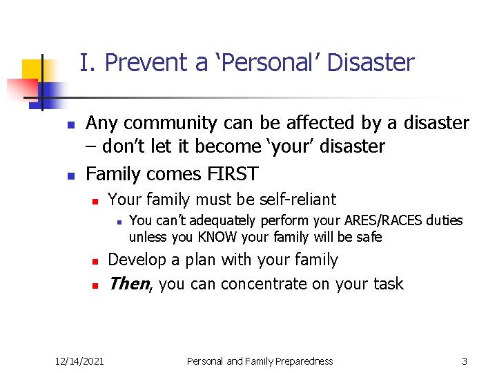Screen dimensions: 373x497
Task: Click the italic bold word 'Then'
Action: click(x=129, y=283)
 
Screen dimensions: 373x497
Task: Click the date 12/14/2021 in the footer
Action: click(x=80, y=361)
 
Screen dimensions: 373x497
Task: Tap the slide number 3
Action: click(x=465, y=361)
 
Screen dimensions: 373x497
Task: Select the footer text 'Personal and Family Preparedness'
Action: click(x=260, y=361)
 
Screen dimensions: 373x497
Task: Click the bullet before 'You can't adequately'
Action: click(x=119, y=222)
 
